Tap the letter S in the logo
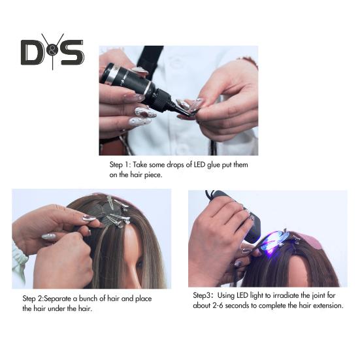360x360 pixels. coord(72,52)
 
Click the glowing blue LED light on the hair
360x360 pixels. coord(275,239)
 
